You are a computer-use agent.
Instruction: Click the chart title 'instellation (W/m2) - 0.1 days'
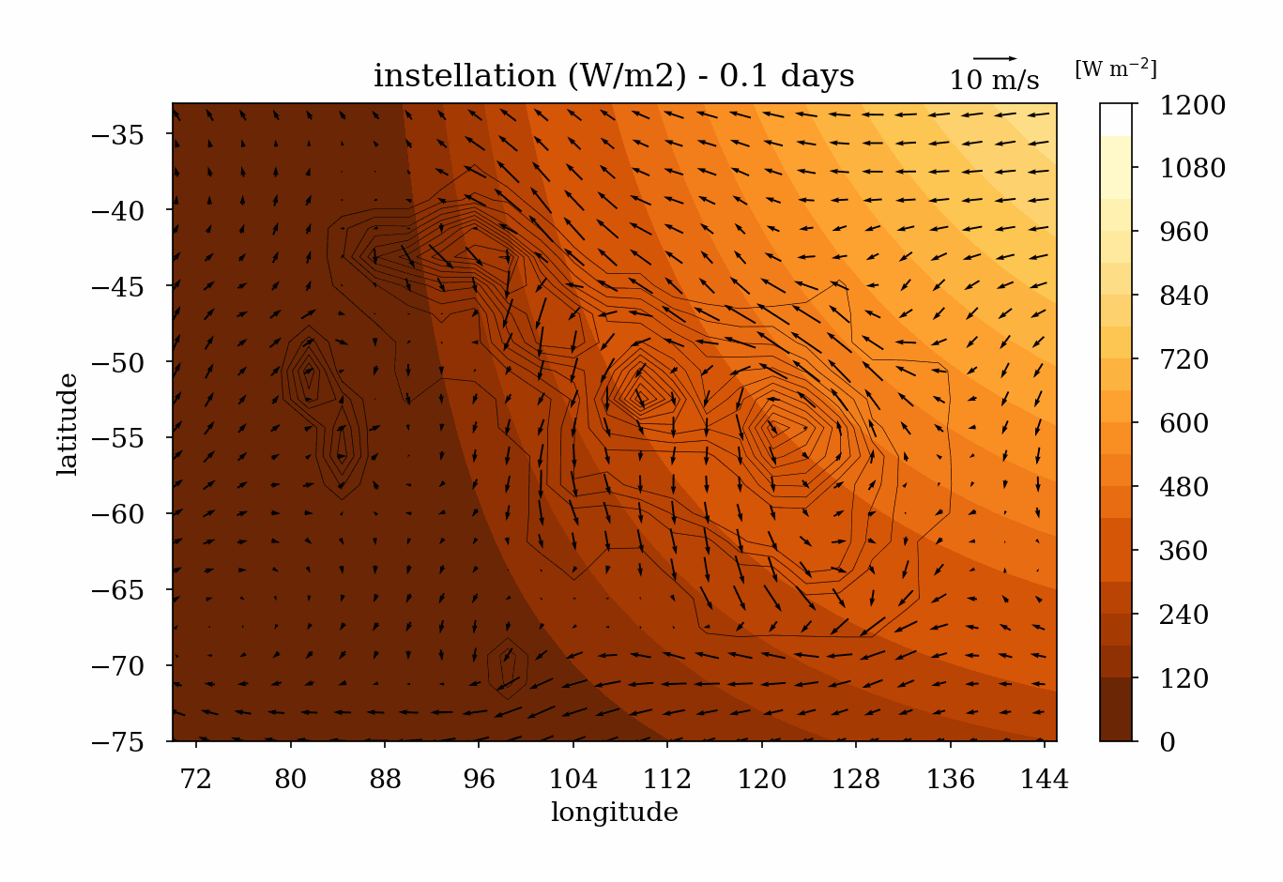point(614,76)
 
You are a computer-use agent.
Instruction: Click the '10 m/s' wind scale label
point(994,81)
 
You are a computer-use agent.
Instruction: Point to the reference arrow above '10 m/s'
point(994,58)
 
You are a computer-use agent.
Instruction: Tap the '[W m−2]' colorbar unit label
point(1115,68)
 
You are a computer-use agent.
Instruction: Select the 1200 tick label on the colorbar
point(1192,105)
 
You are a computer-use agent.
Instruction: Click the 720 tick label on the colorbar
point(1184,359)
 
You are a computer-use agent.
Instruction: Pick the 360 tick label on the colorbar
point(1184,551)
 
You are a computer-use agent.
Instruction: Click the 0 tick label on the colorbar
point(1167,742)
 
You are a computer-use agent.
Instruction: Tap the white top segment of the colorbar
point(1116,119)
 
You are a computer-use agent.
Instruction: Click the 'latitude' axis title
point(68,423)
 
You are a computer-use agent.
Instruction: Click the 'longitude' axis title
point(614,813)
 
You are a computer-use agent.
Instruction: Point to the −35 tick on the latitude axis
point(118,134)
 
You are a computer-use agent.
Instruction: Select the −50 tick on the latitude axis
point(118,362)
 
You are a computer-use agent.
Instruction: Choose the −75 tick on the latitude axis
point(118,742)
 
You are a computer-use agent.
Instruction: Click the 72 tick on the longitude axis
point(196,779)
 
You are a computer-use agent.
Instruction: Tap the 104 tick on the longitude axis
point(573,779)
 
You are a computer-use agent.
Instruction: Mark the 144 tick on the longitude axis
point(1045,779)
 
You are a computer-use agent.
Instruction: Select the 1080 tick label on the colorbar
point(1192,168)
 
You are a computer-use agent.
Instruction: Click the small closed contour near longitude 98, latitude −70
point(508,668)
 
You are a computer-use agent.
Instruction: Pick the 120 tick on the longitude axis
point(761,779)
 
